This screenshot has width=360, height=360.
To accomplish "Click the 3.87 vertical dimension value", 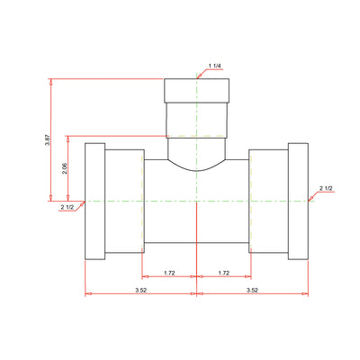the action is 47,140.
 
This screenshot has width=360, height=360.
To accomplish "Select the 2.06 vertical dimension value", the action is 65,168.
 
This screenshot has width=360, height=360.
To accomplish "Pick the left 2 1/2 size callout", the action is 67,207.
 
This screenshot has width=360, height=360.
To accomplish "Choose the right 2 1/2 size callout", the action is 326,188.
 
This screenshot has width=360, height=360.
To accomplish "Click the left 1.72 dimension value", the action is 169,273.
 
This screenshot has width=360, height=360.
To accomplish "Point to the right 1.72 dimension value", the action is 224,273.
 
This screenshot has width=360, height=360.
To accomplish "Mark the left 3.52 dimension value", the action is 140,290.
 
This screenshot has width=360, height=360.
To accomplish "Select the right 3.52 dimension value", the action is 252,290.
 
